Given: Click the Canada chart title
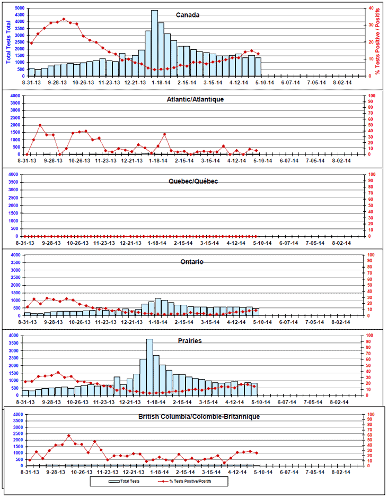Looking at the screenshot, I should pyautogui.click(x=188, y=15).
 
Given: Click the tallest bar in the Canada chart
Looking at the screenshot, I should pyautogui.click(x=154, y=42).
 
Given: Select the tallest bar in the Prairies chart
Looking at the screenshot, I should pyautogui.click(x=149, y=366).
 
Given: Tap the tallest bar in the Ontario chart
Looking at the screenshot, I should pyautogui.click(x=157, y=307).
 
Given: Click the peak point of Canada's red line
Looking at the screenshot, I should pyautogui.click(x=64, y=19).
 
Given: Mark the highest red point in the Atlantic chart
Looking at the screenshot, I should pyautogui.click(x=40, y=125).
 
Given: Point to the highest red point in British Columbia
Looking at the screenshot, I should pyautogui.click(x=68, y=436).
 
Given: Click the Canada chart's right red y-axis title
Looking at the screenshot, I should pyautogui.click(x=377, y=39).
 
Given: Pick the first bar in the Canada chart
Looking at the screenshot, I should pyautogui.click(x=31, y=72).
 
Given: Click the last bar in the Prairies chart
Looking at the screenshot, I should pyautogui.click(x=254, y=389).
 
